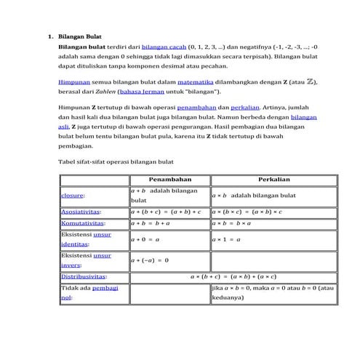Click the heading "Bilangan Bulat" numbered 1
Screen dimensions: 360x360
click(80, 36)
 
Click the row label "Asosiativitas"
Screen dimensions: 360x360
click(81, 212)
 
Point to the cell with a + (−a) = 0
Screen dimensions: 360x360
click(149, 260)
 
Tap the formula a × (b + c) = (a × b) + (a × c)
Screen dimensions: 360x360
click(242, 276)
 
